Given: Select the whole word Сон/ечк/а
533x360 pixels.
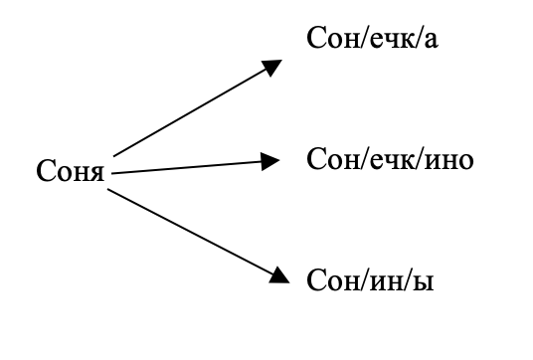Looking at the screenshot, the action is (x=375, y=42).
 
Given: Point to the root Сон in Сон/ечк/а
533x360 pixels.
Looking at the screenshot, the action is (x=334, y=42).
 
